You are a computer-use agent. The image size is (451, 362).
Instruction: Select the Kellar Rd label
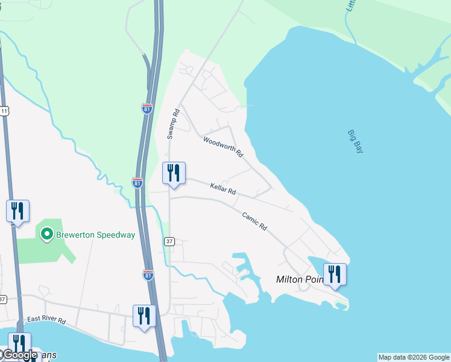pos(222,189)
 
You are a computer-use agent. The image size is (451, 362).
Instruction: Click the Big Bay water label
pos(355,141)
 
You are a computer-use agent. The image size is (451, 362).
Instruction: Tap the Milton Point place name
pos(300,279)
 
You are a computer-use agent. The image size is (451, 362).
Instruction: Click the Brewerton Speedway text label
pos(95,235)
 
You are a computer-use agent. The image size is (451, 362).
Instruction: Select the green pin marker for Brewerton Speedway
pos(46,233)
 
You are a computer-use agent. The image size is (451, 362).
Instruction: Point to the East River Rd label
pos(46,320)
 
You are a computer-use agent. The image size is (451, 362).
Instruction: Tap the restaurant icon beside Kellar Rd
pos(174,174)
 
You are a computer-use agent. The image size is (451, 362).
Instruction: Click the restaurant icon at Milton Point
pos(335,275)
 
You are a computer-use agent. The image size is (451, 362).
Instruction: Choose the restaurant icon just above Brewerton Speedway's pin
pos(17,211)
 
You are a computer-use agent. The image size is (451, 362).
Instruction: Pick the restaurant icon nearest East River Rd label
pos(143,316)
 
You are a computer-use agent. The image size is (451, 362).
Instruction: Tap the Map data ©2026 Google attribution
pos(414,357)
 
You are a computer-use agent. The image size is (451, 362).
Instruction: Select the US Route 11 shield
pos(4,111)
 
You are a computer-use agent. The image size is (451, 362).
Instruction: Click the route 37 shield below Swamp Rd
pos(169,241)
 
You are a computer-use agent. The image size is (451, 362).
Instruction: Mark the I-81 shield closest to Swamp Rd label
pos(147,109)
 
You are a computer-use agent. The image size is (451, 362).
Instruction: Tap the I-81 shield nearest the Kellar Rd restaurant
pos(137,182)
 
